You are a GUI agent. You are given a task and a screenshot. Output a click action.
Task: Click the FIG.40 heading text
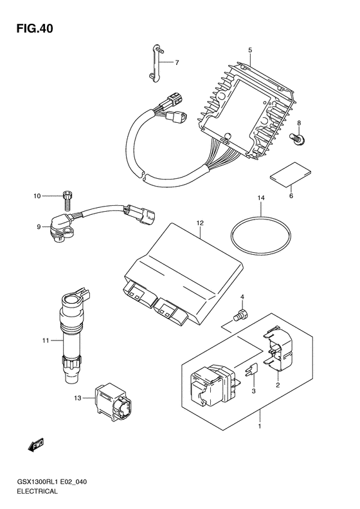[35, 29]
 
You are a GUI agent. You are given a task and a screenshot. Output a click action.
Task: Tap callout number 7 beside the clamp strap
[177, 62]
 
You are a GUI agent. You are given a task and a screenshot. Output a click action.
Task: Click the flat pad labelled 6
[291, 175]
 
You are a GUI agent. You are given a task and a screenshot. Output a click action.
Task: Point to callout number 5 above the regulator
[250, 50]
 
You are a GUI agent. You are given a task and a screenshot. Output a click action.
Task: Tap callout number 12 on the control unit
[200, 223]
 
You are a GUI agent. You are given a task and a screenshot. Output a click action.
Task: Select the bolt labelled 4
[240, 315]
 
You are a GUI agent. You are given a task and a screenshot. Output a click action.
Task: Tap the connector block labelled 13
[114, 400]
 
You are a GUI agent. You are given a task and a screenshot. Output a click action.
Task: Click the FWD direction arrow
[35, 445]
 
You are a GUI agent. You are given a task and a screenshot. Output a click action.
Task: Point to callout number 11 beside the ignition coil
[45, 340]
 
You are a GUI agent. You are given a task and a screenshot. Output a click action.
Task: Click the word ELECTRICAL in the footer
[37, 491]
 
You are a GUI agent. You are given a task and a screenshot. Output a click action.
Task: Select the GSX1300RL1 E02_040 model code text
[51, 482]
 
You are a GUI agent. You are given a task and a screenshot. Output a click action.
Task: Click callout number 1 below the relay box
[260, 426]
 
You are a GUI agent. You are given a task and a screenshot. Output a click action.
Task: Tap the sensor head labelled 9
[62, 228]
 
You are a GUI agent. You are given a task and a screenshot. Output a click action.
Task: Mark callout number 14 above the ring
[261, 198]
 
